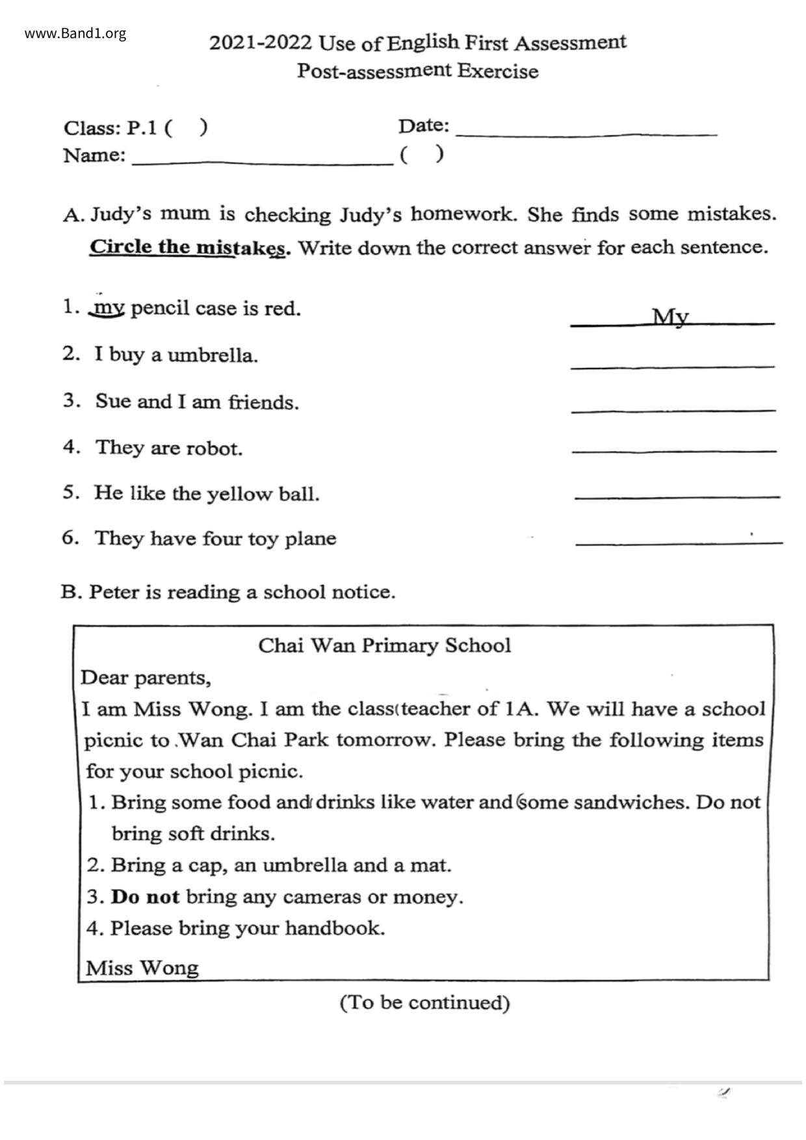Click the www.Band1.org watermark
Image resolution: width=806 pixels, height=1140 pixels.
point(75,34)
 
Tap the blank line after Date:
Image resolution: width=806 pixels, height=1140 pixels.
point(586,133)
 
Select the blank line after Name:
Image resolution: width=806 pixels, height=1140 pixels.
point(262,163)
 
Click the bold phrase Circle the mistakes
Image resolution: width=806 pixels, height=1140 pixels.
point(189,248)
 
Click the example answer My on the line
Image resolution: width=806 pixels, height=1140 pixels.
point(670,317)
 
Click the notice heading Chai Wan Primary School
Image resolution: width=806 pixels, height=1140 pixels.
point(384,645)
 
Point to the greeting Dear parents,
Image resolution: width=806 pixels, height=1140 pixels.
point(146,678)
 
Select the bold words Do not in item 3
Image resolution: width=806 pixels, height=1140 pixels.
point(145,897)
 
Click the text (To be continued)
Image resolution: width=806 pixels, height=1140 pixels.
point(424,1002)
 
